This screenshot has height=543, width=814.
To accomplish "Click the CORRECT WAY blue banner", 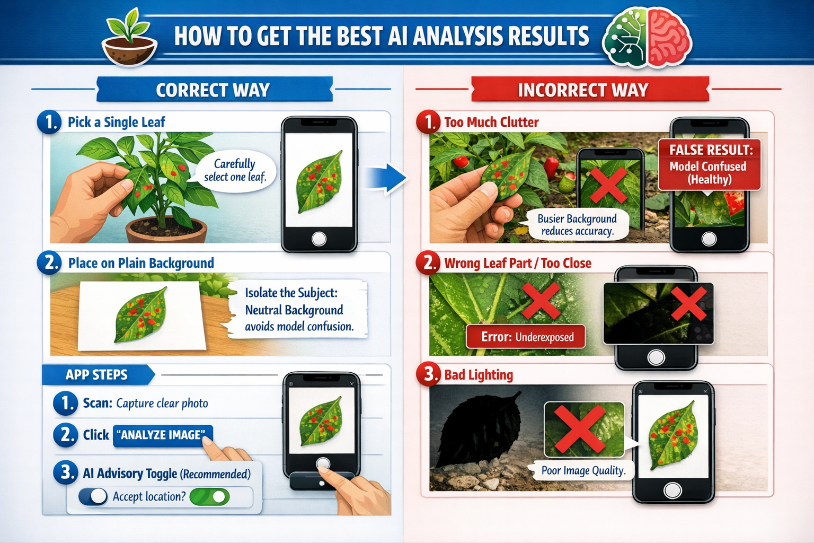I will click(x=213, y=90).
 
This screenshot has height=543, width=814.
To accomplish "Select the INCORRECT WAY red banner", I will click(x=583, y=90).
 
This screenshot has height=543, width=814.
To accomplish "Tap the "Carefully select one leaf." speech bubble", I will click(x=235, y=170).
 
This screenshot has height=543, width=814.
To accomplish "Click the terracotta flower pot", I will click(x=166, y=230).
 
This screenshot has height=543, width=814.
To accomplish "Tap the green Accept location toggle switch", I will click(x=210, y=496).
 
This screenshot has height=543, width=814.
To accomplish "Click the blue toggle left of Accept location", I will click(x=93, y=496).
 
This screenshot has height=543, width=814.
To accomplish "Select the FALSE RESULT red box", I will click(x=709, y=164).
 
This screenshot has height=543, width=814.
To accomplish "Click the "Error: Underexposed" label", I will click(x=526, y=337).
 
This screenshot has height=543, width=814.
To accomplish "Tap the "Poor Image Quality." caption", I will click(x=583, y=470).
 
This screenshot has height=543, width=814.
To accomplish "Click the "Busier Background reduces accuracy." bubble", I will click(x=577, y=225).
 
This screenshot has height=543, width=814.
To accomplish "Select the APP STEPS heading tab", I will click(x=97, y=375).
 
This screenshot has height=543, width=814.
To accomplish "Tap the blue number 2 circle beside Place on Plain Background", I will click(x=49, y=262).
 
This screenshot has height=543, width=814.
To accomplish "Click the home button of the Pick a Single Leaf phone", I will click(x=319, y=239).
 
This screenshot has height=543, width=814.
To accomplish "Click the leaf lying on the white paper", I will click(x=140, y=314).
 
